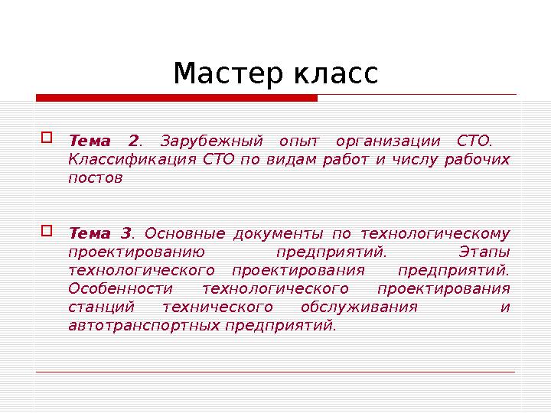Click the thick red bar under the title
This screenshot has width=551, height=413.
click(176, 98)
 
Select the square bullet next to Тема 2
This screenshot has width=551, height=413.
click(46, 138)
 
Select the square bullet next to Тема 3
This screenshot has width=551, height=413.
click(46, 230)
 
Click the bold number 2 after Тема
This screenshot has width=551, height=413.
click(133, 141)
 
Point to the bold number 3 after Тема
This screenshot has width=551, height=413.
click(126, 233)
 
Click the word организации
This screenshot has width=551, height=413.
click(388, 141)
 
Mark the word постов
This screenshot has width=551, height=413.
click(95, 177)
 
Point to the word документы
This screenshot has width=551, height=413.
click(275, 233)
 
